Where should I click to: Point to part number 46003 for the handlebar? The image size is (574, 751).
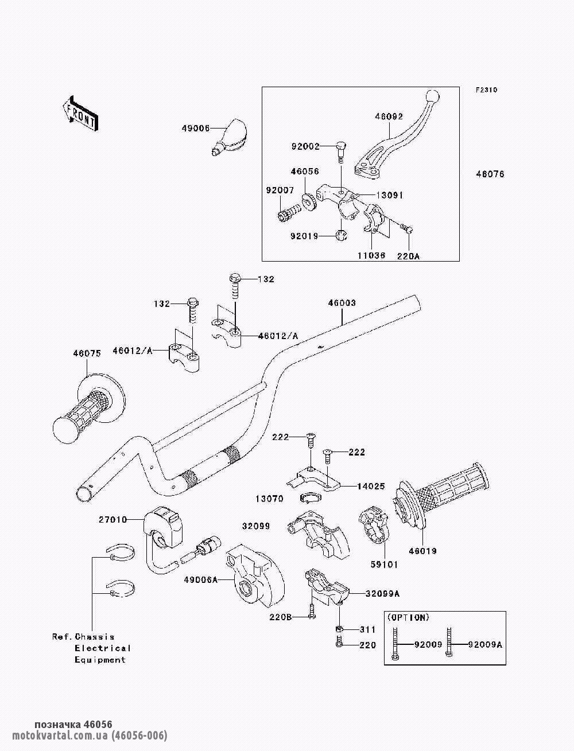[342, 303]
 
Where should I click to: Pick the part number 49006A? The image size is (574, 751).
[200, 580]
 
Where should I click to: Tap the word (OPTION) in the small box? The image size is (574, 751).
[408, 617]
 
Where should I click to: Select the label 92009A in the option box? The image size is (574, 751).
[485, 644]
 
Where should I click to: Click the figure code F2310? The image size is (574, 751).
[486, 90]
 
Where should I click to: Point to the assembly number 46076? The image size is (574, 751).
[490, 174]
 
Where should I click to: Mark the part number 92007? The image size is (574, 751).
[280, 189]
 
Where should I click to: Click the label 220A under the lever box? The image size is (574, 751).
[408, 256]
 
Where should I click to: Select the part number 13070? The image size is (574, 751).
[270, 499]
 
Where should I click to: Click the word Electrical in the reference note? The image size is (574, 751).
[103, 648]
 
